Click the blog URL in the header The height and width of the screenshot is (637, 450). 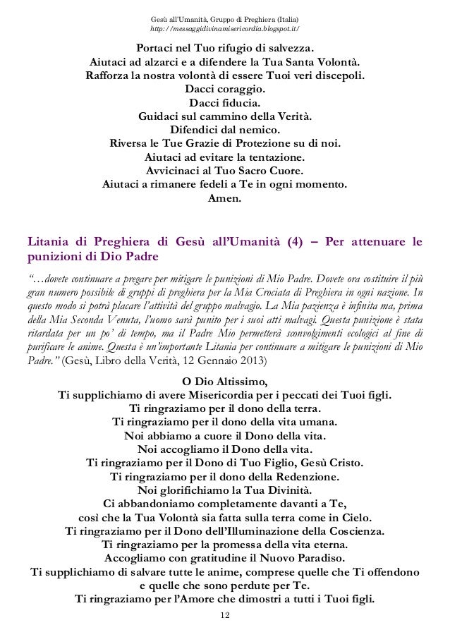tap(225, 29)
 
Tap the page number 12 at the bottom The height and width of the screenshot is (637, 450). tap(225, 615)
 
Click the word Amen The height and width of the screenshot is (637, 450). tap(225, 198)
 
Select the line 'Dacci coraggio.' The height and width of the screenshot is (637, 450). tap(225, 90)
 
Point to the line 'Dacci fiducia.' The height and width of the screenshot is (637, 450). tap(225, 102)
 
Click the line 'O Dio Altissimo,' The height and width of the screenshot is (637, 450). tap(225, 382)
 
